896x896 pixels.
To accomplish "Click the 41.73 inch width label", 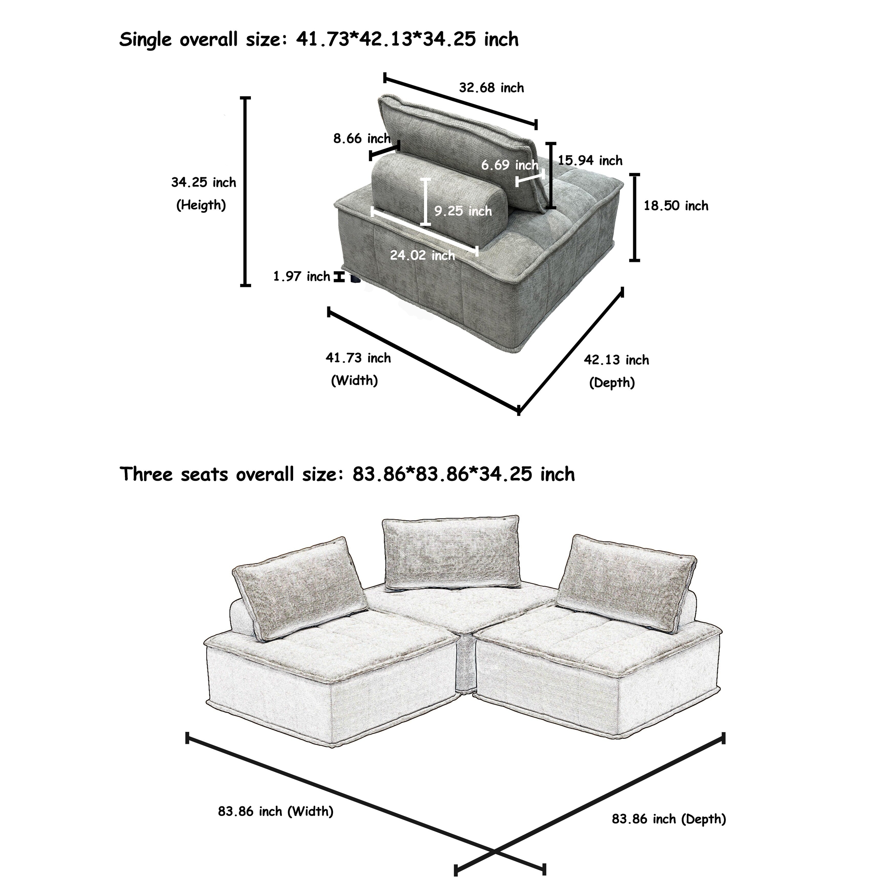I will point(358,358).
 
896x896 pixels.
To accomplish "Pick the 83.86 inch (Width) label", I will point(275,811).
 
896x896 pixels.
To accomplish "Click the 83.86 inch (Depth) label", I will point(669,819).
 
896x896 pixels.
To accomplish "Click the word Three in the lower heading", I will point(146,474).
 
